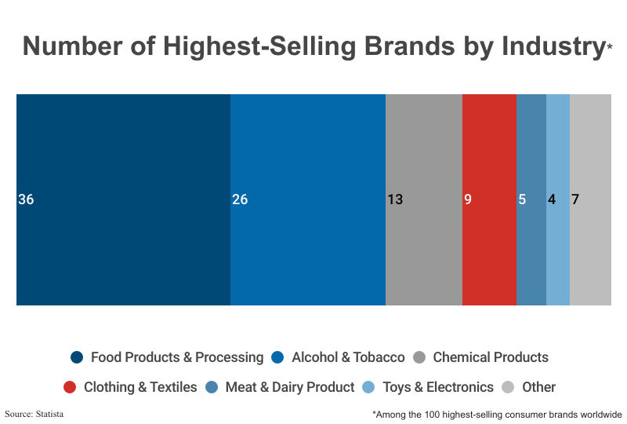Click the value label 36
[x=26, y=199]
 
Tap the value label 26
[x=240, y=199]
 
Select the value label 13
[x=395, y=199]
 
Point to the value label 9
[x=468, y=199]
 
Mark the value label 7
[x=575, y=199]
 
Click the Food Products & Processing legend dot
[x=77, y=357]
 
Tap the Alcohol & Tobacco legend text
[x=348, y=357]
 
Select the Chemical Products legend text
[x=491, y=357]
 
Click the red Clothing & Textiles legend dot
[x=70, y=387]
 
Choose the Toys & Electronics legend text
[x=438, y=387]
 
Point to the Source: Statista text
[x=34, y=413]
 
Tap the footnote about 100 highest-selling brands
[x=497, y=414]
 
